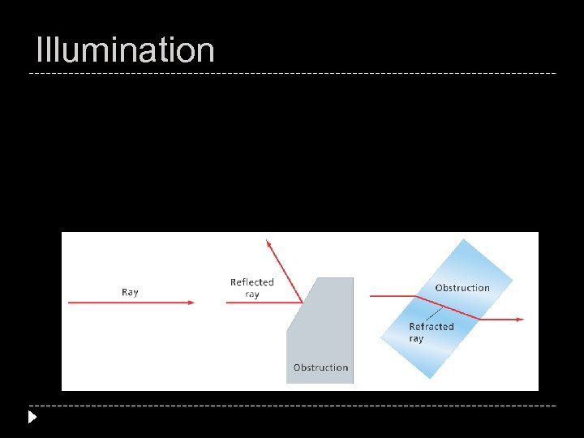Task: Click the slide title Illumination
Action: (126, 50)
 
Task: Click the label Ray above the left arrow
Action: (130, 292)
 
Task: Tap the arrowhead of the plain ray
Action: (191, 303)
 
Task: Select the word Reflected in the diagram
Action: (252, 282)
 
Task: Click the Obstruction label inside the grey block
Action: (320, 367)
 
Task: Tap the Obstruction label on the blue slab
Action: (462, 288)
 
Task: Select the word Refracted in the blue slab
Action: (432, 327)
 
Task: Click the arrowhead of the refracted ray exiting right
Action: (520, 319)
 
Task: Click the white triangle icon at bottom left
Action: (32, 418)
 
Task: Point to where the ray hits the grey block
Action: (303, 303)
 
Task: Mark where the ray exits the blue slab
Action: (479, 319)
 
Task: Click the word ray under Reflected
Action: (252, 294)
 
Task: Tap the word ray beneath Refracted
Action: (417, 339)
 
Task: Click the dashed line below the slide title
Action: (292, 74)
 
